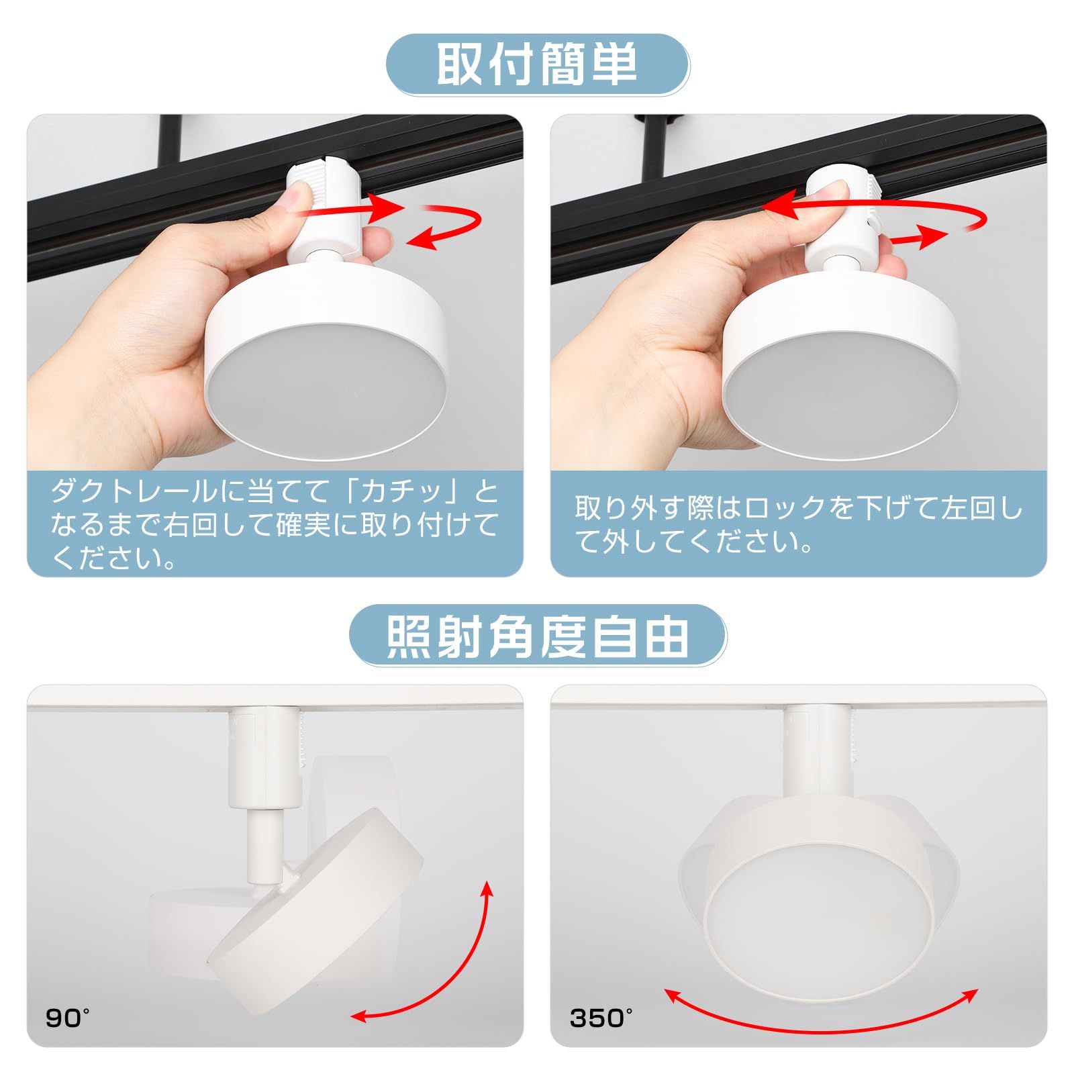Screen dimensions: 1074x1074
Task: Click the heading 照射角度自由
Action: click(x=537, y=636)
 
